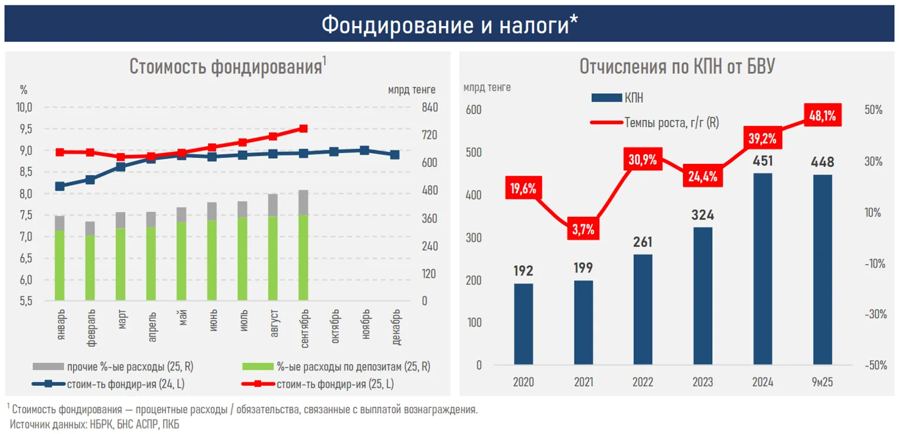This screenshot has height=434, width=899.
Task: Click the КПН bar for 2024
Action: pos(763,268)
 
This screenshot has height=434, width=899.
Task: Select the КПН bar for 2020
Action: pos(523,324)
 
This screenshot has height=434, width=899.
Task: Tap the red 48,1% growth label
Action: pos(822,116)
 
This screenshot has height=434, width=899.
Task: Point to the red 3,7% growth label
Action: pos(583,229)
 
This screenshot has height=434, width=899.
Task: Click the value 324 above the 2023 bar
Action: pos(703,215)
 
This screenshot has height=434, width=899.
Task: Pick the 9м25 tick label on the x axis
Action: pos(822,382)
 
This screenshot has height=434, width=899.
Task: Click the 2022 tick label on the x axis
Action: pos(643,382)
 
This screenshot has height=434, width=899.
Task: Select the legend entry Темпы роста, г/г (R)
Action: pos(671,123)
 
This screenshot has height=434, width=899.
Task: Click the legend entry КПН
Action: pos(633,99)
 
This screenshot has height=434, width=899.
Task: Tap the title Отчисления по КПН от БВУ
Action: pos(677,67)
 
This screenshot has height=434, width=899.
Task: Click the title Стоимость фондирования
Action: pos(225,66)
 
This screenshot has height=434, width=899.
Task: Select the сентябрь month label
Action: pos(304,324)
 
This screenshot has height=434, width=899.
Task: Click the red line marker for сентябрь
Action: pos(303,128)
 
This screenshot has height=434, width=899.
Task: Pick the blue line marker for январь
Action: pos(59,186)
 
